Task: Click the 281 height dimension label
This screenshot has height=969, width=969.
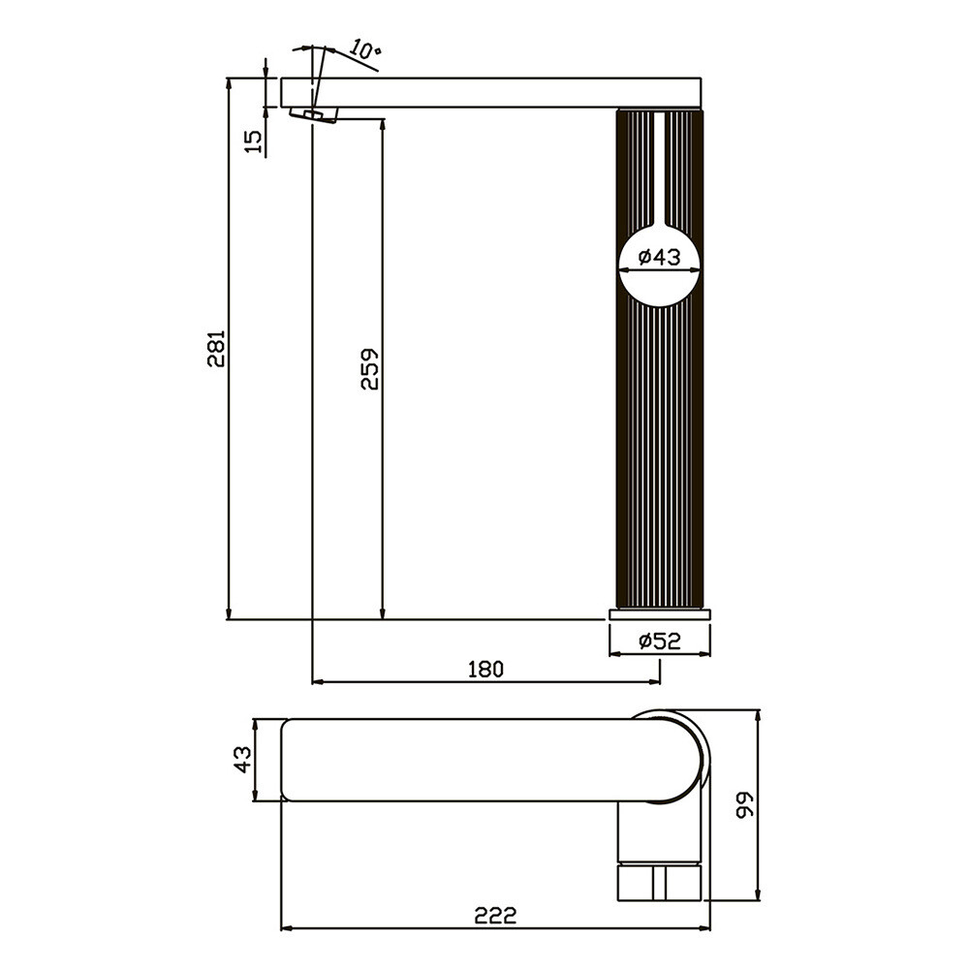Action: [217, 349]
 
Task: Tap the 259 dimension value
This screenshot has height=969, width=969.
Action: [369, 369]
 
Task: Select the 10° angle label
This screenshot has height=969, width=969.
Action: [366, 49]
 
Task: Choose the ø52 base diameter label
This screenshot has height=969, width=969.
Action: [659, 641]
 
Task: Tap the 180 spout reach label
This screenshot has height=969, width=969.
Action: [485, 669]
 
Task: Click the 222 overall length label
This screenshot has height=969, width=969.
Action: [495, 915]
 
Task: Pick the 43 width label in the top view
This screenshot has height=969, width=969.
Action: [243, 760]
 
